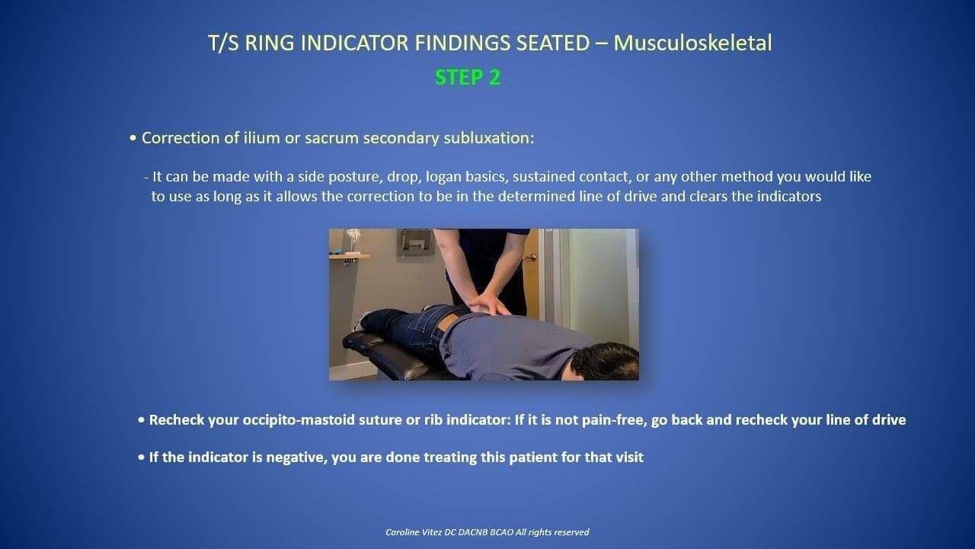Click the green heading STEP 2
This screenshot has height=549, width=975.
coord(468,78)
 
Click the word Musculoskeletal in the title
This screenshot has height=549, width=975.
coord(692,43)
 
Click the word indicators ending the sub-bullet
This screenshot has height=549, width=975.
coord(788,196)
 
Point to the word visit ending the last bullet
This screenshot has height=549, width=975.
coord(629,457)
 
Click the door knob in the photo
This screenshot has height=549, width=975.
coord(531,258)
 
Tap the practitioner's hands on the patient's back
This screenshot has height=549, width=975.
coord(488,303)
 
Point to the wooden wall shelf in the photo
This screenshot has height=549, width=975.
coord(349,256)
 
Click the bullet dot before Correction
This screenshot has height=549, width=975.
coord(133,139)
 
